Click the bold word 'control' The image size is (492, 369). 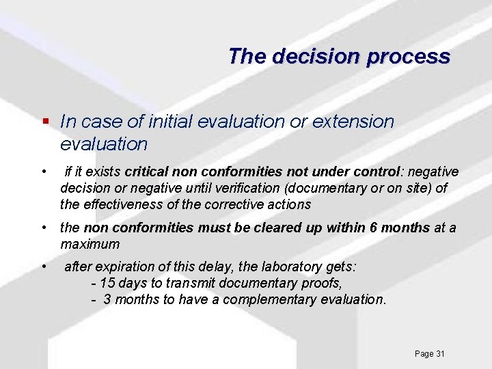[x=373, y=171]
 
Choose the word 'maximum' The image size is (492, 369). [x=90, y=244]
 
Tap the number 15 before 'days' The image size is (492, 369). [x=107, y=284]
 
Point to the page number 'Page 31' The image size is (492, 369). [x=429, y=353]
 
